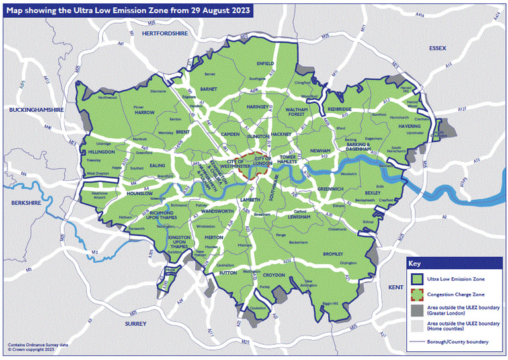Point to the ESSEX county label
[x=438, y=48]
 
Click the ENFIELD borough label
[x=265, y=64]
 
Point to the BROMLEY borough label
[x=333, y=254]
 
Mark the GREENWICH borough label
[x=329, y=189]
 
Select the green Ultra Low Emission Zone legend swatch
[x=417, y=280]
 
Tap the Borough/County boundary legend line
[x=417, y=341]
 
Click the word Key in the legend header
[x=416, y=262]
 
